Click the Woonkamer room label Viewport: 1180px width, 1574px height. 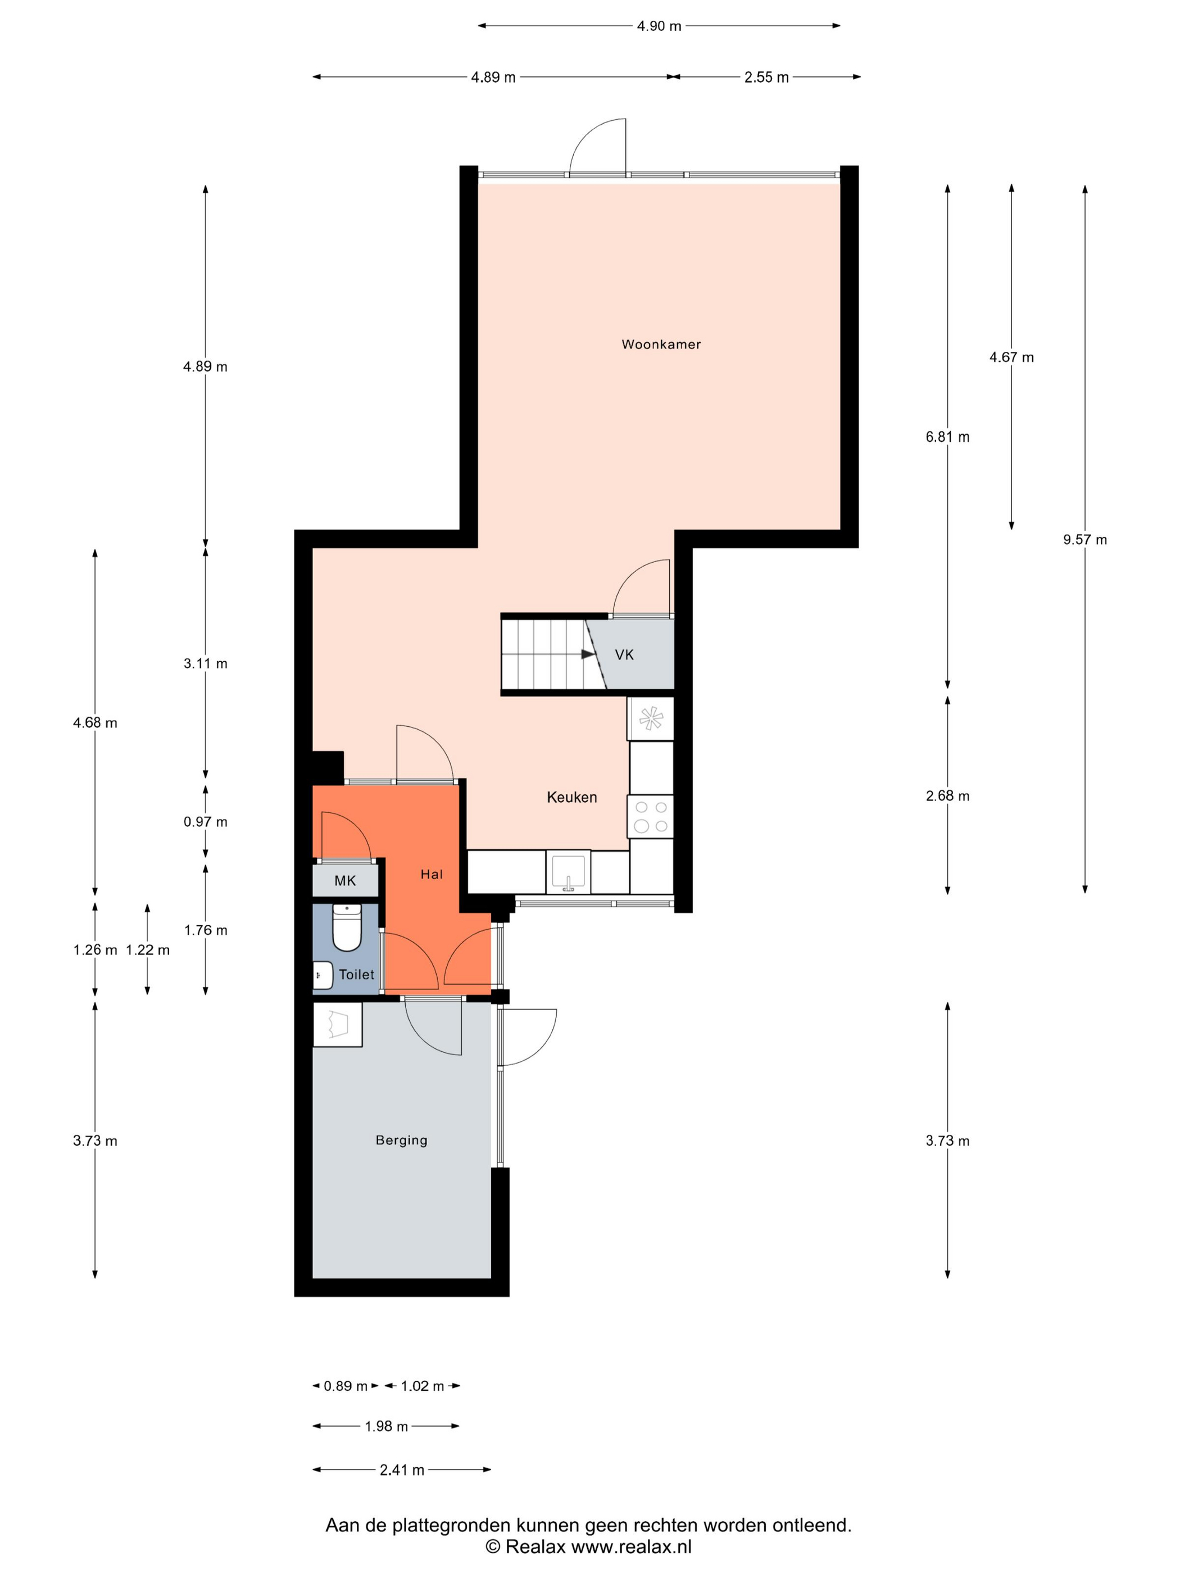661,345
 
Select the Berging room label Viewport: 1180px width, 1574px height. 401,1141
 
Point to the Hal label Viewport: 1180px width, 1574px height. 431,875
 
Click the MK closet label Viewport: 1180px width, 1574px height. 345,881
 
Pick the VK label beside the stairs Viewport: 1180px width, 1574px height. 624,655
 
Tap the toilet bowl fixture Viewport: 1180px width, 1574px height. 347,927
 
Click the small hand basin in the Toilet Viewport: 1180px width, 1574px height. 323,975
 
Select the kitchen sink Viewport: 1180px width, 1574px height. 568,872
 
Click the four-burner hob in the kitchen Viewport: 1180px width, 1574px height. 650,816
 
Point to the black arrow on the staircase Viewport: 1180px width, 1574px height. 588,654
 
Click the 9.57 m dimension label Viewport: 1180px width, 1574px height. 1084,539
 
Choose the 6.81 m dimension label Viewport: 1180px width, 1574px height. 947,437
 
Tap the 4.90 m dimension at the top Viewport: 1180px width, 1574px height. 659,26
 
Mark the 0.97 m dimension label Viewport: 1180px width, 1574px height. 206,822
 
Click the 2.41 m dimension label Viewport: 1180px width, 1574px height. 402,1470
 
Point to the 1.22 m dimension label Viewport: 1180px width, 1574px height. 148,950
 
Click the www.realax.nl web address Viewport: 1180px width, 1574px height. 632,1547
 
